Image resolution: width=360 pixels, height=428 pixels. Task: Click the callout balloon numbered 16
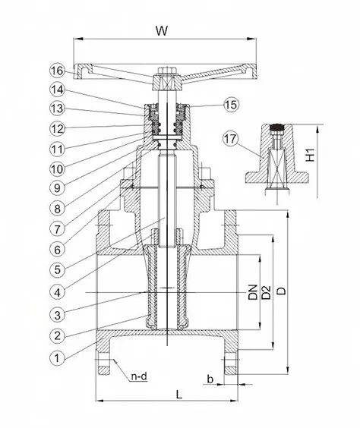[58, 71]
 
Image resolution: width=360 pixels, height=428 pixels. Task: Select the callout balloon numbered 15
[232, 104]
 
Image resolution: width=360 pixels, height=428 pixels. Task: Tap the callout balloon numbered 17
[230, 139]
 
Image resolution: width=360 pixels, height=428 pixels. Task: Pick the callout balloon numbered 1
[57, 358]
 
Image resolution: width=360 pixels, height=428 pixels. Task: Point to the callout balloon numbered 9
[57, 187]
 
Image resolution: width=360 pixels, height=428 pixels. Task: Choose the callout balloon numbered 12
[58, 129]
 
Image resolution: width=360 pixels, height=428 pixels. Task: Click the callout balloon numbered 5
[57, 269]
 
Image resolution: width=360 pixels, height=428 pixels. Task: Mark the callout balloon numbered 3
[57, 315]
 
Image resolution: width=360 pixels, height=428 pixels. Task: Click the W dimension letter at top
[162, 31]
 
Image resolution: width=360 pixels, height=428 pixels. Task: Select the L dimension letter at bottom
[179, 394]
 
